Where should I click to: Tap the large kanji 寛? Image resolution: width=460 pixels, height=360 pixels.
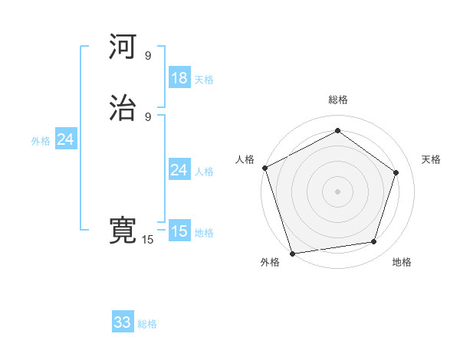123,231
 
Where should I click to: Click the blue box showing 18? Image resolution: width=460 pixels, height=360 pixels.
179,78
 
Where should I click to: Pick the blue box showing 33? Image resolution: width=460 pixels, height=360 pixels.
123,322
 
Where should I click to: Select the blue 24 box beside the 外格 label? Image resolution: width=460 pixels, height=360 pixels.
66,139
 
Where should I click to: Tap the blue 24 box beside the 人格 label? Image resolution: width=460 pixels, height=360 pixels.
179,170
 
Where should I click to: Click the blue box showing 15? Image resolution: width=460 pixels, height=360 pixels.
179,231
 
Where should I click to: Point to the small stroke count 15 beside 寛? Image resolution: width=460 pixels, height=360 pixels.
147,240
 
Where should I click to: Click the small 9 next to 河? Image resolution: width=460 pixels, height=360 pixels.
148,56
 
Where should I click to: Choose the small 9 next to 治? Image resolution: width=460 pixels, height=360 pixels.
148,117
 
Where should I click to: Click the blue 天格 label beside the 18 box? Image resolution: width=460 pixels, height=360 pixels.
204,80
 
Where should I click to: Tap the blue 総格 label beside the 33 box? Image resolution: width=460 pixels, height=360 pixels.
147,324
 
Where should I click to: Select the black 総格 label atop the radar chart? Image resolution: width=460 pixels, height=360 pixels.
338,100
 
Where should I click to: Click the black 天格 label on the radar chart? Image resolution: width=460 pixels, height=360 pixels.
432,159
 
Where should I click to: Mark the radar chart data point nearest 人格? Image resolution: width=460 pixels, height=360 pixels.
264,168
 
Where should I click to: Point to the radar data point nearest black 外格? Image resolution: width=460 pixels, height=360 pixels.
292,252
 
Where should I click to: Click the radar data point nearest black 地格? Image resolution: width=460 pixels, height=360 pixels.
374,242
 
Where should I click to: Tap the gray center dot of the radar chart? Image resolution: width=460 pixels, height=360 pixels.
337,191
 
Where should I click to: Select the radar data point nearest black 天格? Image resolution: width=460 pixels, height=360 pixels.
396,172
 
